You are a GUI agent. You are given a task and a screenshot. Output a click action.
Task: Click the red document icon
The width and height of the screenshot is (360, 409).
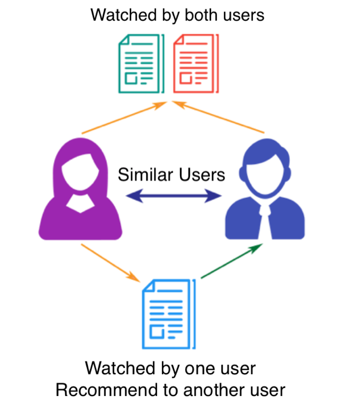click(195, 63)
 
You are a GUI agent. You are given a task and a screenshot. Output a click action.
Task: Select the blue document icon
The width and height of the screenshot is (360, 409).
click(169, 314)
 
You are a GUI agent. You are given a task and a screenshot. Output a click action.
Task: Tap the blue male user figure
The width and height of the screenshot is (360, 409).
click(265, 192)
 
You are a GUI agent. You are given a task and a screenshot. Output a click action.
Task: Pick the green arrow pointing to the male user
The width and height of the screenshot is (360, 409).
click(232, 261)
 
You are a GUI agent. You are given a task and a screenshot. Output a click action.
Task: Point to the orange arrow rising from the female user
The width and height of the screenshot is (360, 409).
click(122, 118)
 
